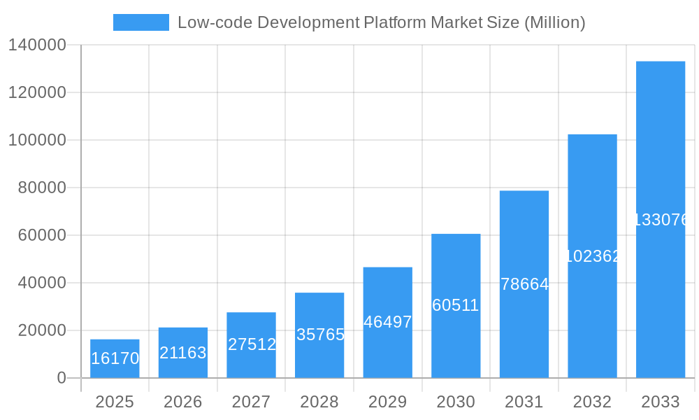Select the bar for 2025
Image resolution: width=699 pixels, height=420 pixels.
click(115, 358)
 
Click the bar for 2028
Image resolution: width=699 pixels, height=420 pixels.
click(319, 335)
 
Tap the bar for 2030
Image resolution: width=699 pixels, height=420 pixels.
click(456, 306)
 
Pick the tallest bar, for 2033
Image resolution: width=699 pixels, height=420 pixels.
click(660, 220)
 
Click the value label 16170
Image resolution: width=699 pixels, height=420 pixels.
click(115, 358)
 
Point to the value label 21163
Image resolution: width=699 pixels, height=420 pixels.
click(183, 353)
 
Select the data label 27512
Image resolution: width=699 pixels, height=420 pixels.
click(252, 344)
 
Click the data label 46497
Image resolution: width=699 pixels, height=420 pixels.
click(388, 322)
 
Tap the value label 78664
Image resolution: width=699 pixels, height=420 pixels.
click(524, 284)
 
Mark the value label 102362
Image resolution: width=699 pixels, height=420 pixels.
click(592, 256)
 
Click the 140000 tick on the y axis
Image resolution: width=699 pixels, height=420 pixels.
click(36, 45)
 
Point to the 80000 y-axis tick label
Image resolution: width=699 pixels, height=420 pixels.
click(41, 188)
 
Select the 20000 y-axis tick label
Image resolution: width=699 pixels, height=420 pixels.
click(41, 330)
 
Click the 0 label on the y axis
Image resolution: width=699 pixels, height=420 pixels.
click(61, 378)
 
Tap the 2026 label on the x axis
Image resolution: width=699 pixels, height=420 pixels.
click(183, 402)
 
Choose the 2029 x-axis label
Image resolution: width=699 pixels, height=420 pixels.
click(388, 402)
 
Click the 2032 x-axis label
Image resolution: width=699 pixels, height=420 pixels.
click(592, 402)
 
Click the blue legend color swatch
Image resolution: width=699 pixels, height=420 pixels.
click(141, 22)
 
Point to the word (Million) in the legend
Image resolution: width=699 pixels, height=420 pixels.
click(554, 22)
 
